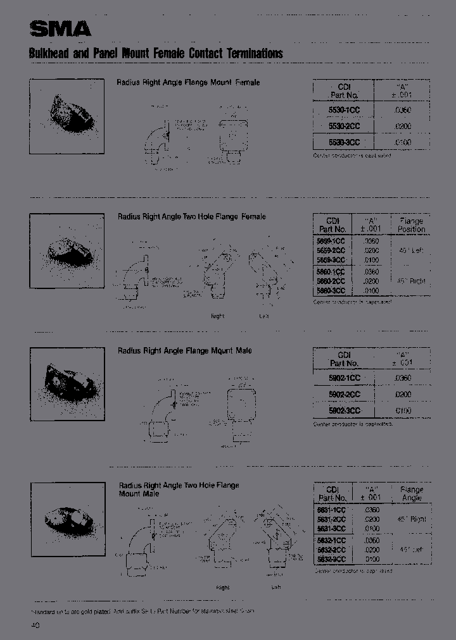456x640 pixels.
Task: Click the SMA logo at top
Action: (x=60, y=29)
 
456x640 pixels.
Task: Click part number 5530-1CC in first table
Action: (x=344, y=110)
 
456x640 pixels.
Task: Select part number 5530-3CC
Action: (x=344, y=143)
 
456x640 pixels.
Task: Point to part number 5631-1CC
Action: (x=331, y=510)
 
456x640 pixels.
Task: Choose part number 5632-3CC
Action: (x=331, y=560)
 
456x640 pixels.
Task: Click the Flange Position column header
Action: (x=411, y=225)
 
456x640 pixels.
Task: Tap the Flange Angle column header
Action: (x=412, y=494)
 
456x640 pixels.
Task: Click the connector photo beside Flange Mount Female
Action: (x=67, y=116)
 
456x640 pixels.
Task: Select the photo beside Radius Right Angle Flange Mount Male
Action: (x=67, y=384)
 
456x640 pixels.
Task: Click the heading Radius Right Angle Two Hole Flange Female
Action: (x=191, y=217)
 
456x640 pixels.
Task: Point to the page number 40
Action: (x=34, y=625)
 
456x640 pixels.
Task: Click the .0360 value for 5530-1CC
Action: (x=402, y=110)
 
